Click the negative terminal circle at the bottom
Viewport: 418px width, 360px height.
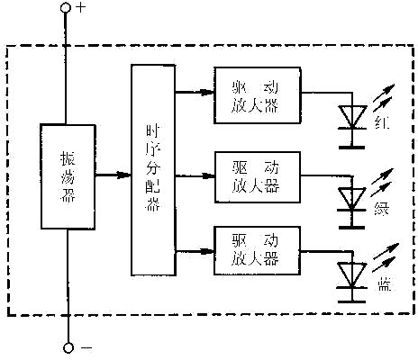(65, 346)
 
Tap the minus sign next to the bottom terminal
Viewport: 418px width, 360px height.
(86, 346)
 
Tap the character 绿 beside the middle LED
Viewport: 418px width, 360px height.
(385, 212)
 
